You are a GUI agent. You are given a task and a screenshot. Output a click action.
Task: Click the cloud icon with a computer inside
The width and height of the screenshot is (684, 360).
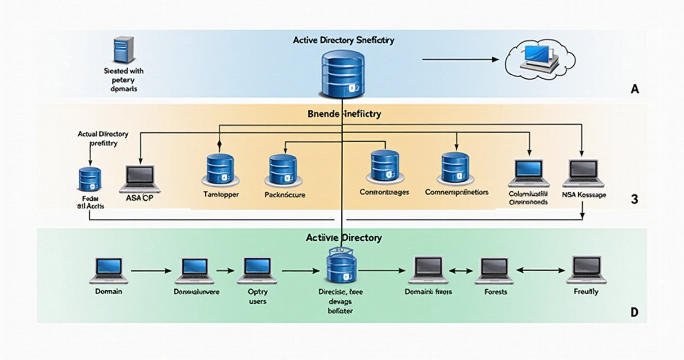coord(539,57)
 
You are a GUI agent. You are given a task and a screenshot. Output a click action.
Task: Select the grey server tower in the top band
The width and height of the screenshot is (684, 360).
coord(123,49)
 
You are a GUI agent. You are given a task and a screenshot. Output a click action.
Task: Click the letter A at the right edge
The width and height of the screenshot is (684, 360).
coord(635,89)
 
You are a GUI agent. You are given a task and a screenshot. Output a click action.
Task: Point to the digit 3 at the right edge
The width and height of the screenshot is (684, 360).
coord(634,199)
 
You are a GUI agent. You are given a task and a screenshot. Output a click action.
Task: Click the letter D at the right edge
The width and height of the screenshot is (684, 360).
coord(634,313)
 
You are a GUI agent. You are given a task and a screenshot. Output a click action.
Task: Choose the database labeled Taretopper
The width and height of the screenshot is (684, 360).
coord(220,168)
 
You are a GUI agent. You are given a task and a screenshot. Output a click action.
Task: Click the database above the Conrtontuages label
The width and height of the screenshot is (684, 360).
coord(384,166)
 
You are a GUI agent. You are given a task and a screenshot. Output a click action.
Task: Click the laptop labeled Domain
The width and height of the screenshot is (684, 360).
coord(109,271)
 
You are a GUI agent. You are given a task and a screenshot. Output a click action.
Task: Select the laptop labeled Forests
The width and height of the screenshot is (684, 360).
coord(494,271)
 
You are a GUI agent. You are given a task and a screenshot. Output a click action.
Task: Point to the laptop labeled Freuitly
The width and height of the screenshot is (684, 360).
coord(586,269)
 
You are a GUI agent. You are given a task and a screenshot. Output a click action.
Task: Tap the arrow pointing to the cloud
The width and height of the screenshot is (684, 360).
coord(461,58)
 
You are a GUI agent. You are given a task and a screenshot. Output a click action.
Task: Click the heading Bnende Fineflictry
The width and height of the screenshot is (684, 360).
coord(344,114)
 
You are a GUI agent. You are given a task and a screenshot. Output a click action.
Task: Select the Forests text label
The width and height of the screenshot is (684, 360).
coord(495,292)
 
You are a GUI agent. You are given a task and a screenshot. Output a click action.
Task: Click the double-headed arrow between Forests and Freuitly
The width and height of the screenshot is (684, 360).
coord(539,271)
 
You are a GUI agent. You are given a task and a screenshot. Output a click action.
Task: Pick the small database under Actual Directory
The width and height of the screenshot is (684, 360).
coord(89,179)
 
